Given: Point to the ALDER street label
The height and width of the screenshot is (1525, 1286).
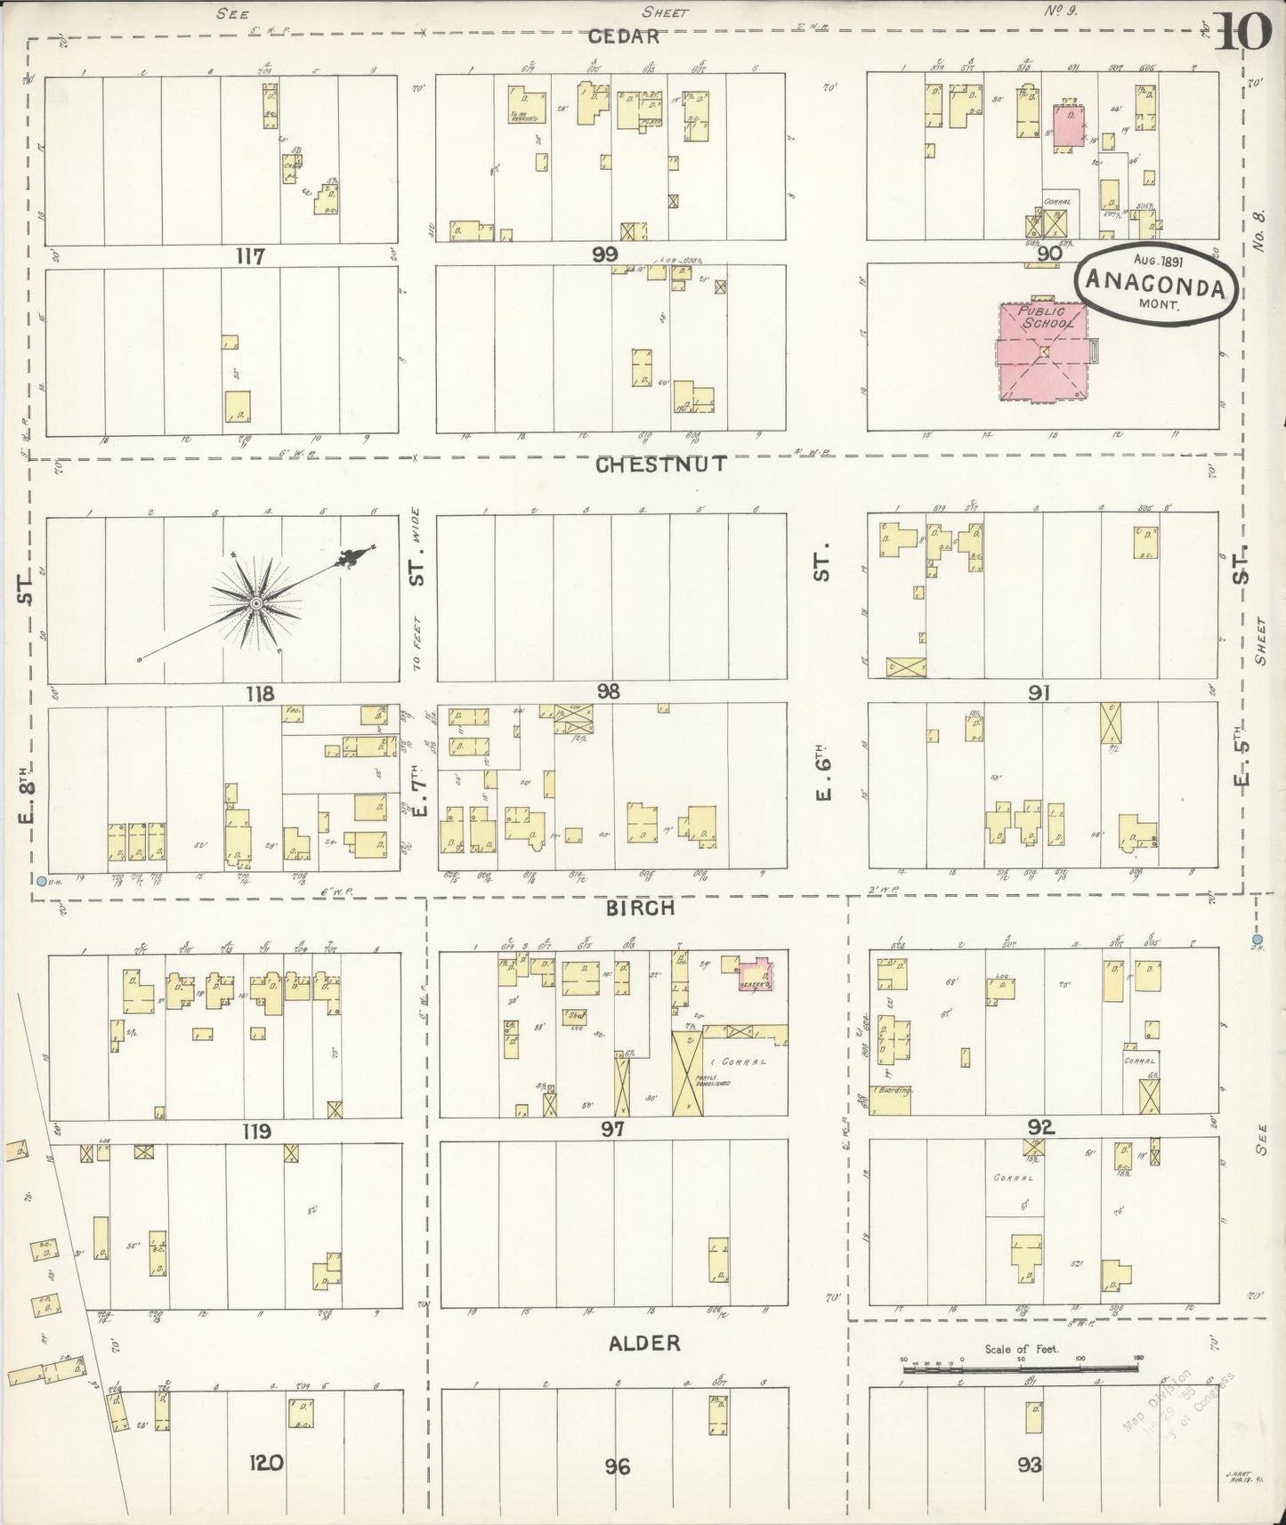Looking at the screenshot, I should pyautogui.click(x=644, y=1343).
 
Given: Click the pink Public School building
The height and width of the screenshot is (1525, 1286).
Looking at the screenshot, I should pyautogui.click(x=1042, y=352).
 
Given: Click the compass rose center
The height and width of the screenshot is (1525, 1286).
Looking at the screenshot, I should pyautogui.click(x=255, y=604).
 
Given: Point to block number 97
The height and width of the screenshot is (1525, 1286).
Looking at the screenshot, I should pyautogui.click(x=612, y=1129).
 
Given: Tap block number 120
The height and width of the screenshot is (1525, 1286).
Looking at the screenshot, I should pyautogui.click(x=266, y=1462).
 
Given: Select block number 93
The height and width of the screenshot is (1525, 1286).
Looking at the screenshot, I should pyautogui.click(x=1029, y=1464).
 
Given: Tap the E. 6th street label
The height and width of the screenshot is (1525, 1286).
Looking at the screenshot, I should pyautogui.click(x=822, y=777).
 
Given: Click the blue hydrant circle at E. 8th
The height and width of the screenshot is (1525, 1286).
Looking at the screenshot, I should pyautogui.click(x=42, y=882).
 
